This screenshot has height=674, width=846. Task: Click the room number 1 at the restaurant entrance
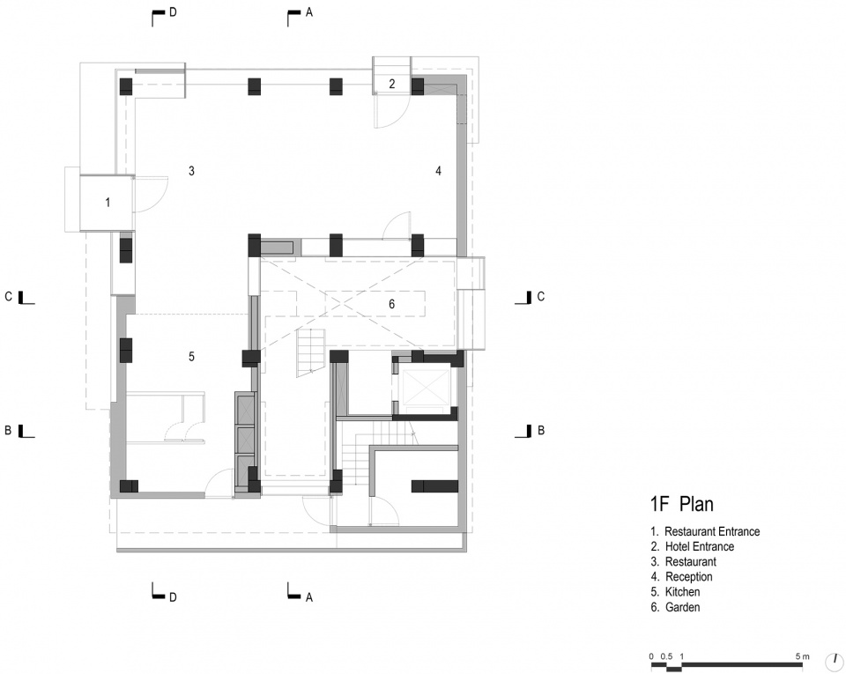pos(108,203)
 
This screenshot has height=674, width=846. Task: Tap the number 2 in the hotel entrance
pos(392,84)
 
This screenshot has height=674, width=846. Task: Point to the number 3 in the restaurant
pos(191,171)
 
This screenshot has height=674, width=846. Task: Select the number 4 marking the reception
pos(439,171)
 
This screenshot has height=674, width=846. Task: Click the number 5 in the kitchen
pos(191,357)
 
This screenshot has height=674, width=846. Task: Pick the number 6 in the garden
pos(391,304)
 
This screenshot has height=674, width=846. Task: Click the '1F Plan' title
pos(682,504)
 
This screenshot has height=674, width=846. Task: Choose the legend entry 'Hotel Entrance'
pos(699,547)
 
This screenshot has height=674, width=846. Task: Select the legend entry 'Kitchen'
pos(682,592)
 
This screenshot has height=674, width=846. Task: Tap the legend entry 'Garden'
pos(682,607)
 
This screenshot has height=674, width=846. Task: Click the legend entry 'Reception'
pos(688,577)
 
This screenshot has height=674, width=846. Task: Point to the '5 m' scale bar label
pos(802,656)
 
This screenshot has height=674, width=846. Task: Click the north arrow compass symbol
pos(835,660)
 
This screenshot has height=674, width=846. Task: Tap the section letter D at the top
pos(174,11)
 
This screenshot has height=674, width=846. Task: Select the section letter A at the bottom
pos(309,597)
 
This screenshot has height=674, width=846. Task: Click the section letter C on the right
pos(540,297)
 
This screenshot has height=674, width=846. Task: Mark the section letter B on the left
pos(8,430)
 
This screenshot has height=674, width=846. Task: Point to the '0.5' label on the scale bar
pos(667,656)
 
